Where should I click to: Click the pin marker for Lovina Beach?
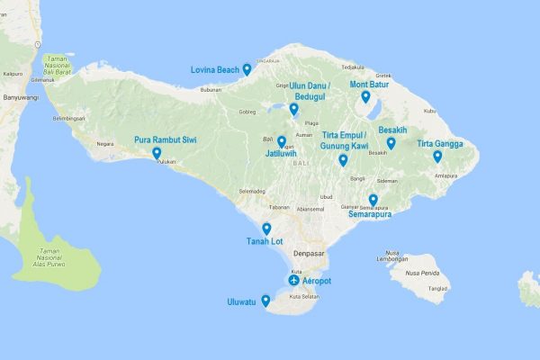point(247,69)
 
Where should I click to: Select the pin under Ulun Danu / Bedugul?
point(294,109)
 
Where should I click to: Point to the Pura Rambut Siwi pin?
point(157,153)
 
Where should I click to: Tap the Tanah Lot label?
point(265,241)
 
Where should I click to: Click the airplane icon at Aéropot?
point(293,281)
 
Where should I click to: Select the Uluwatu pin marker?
point(266,301)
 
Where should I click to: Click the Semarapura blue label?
point(370,214)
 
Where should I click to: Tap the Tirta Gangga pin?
point(437,156)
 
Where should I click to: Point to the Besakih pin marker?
point(391,142)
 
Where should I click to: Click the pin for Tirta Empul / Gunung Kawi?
point(343,160)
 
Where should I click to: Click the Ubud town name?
point(326,197)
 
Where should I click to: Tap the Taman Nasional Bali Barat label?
point(62,66)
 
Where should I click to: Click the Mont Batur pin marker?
point(365,96)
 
